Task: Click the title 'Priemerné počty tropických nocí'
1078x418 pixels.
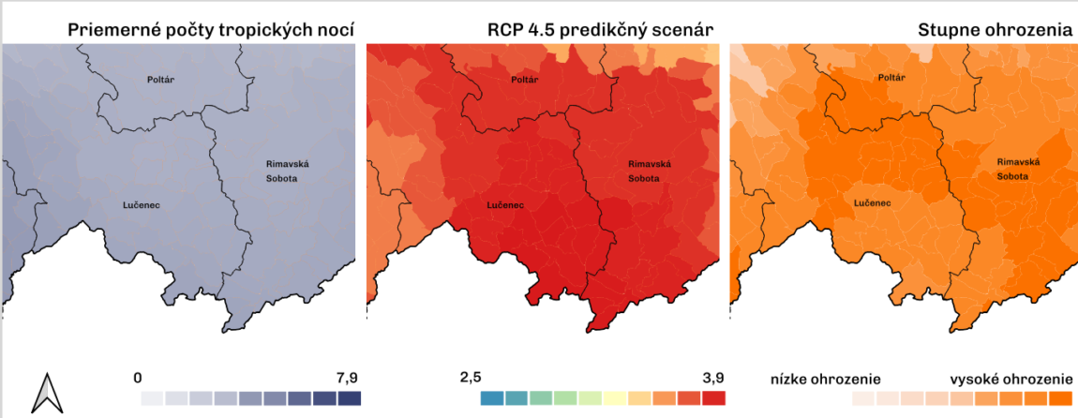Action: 211,31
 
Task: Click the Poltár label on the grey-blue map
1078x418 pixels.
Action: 161,80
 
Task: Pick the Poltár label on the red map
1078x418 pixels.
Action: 524,80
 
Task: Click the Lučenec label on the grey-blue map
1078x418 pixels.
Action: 140,203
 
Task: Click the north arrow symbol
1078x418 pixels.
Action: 45,393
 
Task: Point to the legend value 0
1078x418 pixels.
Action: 138,377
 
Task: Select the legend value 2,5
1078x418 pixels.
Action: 470,377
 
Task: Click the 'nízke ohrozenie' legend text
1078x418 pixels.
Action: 825,379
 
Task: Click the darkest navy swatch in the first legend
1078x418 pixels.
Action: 349,398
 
